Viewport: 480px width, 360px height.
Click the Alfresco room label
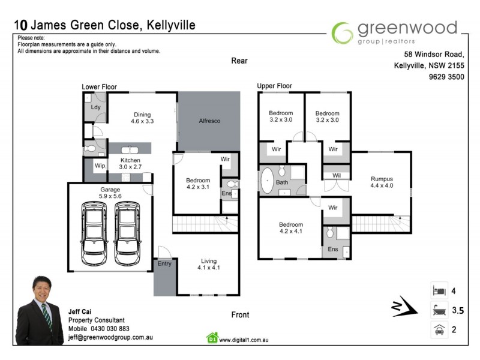[x=209, y=121]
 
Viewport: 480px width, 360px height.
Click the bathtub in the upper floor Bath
[x=266, y=182]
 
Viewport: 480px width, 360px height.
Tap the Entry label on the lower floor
[x=164, y=263]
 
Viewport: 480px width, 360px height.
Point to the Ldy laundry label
[x=95, y=107]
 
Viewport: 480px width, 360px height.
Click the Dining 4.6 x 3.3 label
[x=142, y=118]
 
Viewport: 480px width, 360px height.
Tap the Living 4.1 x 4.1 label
[x=209, y=265]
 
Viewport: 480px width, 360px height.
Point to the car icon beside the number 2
[x=437, y=329]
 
